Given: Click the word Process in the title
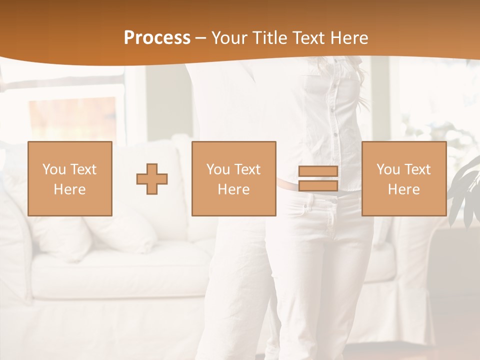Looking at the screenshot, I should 157,37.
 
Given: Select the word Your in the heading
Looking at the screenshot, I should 230,37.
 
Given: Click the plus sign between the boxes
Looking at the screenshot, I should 152,178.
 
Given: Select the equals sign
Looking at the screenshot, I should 318,178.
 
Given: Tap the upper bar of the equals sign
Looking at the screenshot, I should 318,171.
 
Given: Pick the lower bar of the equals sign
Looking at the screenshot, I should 318,185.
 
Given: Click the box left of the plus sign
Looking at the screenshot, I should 70,178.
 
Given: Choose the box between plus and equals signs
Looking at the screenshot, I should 234,178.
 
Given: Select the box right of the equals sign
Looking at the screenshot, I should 404,178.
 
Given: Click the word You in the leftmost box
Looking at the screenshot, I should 53,169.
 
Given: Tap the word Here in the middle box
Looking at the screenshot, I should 234,189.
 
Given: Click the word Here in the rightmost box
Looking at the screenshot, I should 404,189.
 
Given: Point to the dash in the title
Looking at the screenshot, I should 201,38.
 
